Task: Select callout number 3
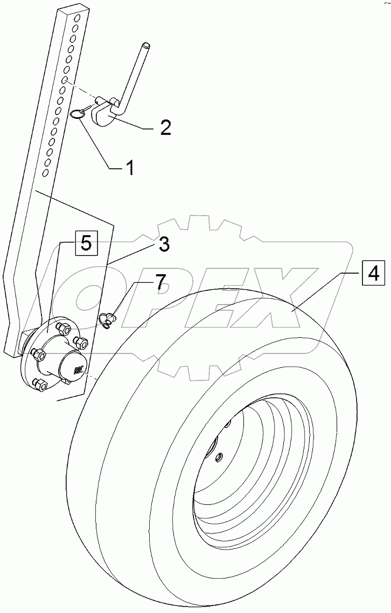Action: coord(164,244)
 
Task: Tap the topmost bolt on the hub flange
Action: coord(61,327)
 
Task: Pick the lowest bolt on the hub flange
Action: coord(39,383)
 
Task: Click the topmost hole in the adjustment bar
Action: coord(78,19)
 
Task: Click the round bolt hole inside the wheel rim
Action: coord(219,457)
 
